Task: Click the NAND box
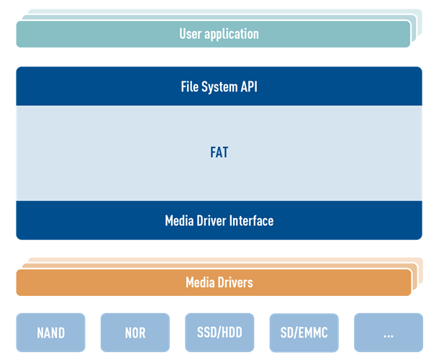click(x=50, y=333)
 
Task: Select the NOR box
click(x=135, y=333)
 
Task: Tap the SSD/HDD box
click(x=219, y=333)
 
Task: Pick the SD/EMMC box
click(x=304, y=333)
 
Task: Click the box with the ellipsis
click(x=388, y=333)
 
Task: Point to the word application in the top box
click(x=232, y=34)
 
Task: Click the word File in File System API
click(x=190, y=88)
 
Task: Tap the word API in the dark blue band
click(x=248, y=88)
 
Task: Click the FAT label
click(x=219, y=153)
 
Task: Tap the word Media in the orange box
click(x=201, y=282)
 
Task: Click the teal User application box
click(x=108, y=34)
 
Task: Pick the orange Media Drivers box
click(x=108, y=282)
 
